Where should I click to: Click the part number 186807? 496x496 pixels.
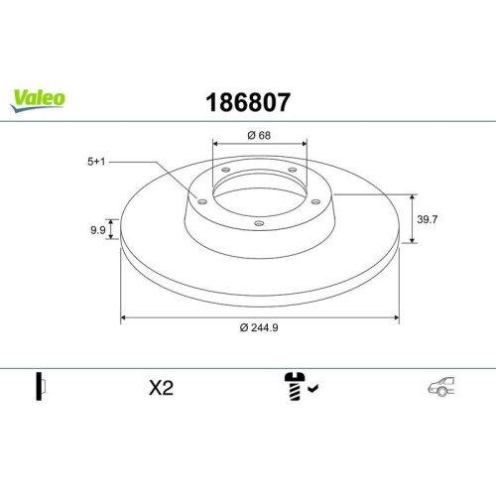click(247, 101)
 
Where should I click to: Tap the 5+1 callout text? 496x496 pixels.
click(97, 159)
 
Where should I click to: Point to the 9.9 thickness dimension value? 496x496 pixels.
click(98, 230)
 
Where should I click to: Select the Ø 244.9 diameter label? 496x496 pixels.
click(259, 329)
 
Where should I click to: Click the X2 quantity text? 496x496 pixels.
click(161, 388)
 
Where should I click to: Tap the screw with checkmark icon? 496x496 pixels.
click(297, 388)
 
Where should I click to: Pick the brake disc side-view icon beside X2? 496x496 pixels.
click(41, 388)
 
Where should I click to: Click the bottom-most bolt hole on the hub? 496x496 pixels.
click(259, 223)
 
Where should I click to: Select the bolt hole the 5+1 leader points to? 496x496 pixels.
click(202, 202)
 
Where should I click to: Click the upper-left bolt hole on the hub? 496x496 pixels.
click(225, 171)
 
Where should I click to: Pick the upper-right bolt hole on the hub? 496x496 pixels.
click(294, 171)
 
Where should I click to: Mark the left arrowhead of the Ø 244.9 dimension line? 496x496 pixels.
click(124, 318)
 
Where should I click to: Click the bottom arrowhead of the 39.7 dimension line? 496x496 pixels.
click(412, 239)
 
